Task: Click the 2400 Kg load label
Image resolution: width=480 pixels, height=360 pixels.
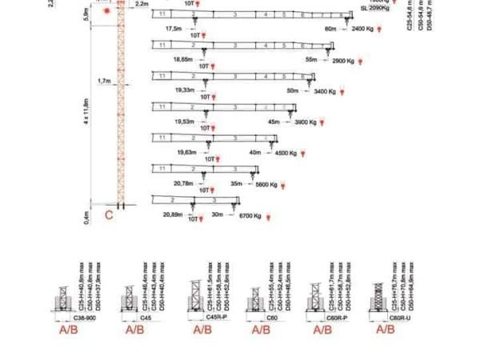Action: [x=363, y=29]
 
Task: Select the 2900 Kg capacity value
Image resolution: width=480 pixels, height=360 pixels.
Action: [x=342, y=60]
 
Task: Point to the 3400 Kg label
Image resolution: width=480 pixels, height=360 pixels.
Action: [x=326, y=92]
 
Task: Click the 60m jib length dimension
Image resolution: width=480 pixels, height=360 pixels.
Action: [x=330, y=29]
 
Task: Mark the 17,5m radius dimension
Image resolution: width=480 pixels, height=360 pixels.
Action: [x=174, y=29]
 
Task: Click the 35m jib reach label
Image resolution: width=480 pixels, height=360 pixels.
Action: [x=236, y=184]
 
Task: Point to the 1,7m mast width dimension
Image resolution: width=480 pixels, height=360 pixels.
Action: [x=105, y=81]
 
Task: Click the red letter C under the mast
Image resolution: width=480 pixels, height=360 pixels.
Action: [x=110, y=214]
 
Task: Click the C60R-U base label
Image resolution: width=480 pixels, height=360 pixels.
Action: [x=386, y=318]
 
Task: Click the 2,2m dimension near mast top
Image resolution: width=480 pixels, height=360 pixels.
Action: [x=142, y=5]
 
